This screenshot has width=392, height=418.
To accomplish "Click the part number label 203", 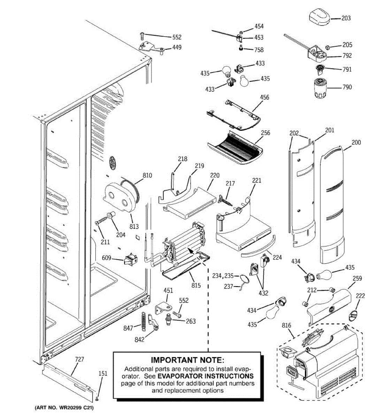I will click(x=346, y=18).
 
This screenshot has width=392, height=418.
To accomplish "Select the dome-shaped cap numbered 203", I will click(x=319, y=17).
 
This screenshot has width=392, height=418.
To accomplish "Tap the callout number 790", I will click(x=347, y=87).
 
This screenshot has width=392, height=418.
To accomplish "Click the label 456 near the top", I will click(x=265, y=98).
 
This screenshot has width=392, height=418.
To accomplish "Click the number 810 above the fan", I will click(x=147, y=175).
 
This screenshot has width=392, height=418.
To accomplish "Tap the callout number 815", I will click(x=196, y=286).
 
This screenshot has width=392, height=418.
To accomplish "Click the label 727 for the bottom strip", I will click(x=79, y=359).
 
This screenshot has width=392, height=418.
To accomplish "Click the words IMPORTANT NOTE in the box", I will click(x=187, y=360).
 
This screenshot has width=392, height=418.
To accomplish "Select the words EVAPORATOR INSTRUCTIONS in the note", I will click(x=206, y=376).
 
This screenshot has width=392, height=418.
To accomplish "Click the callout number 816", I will click(x=286, y=326).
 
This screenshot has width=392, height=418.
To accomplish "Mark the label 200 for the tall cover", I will click(x=356, y=142).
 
